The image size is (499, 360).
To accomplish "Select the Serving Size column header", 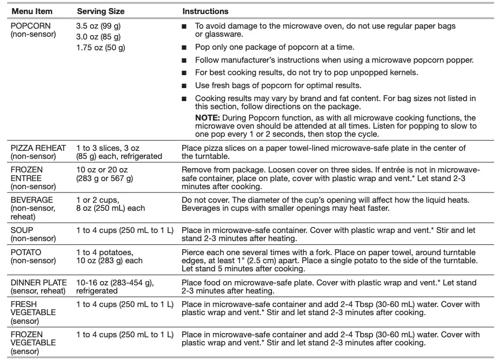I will point(101,11).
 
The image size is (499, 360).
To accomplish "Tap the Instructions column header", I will point(205,11).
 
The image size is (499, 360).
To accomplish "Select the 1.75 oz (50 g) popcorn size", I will point(101,48).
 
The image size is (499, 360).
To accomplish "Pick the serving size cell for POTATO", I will point(110,256).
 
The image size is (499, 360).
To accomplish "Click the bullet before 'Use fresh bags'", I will point(184,85).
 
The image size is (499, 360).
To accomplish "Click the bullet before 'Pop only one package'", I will point(184,47).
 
